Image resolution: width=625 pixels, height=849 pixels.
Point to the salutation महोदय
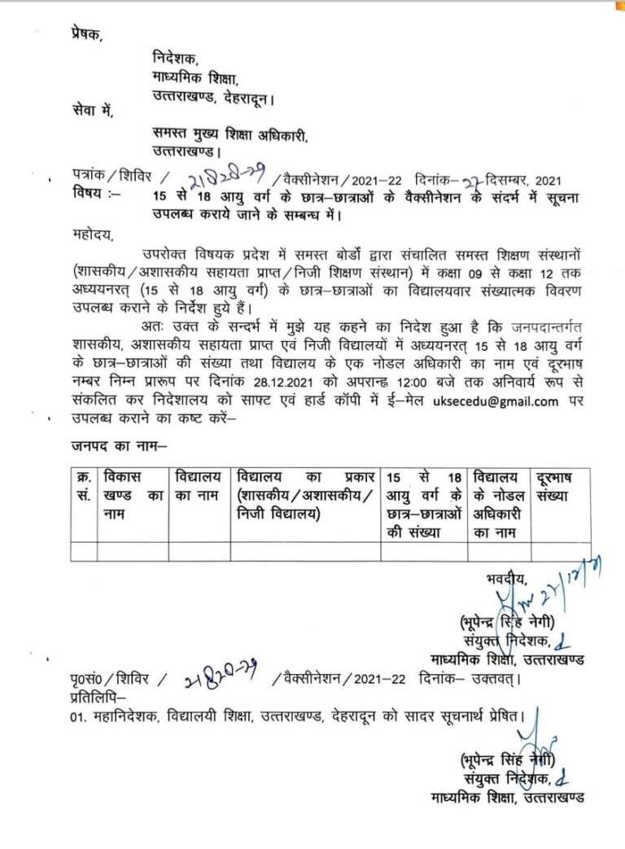93,236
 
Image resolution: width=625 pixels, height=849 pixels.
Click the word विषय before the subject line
86,195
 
